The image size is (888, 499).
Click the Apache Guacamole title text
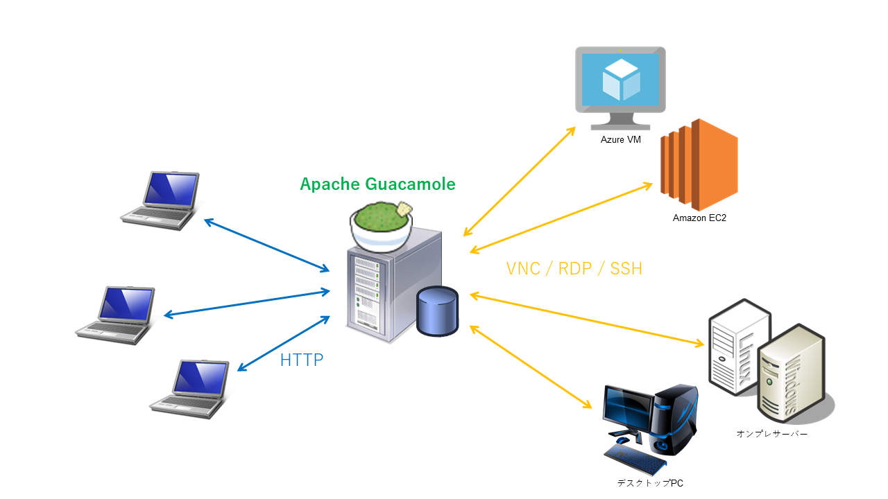click(377, 184)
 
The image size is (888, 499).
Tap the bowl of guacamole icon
click(381, 225)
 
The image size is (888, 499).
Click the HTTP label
click(302, 360)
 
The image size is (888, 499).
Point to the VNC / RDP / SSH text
click(574, 269)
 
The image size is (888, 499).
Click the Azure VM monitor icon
click(620, 86)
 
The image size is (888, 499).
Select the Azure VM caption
click(620, 140)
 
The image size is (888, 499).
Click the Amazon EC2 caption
click(699, 218)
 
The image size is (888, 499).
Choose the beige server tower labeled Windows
click(789, 374)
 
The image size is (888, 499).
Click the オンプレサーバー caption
click(772, 435)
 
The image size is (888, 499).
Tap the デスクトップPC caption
click(645, 483)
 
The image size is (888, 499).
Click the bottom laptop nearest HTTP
click(191, 387)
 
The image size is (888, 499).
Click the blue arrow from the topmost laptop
click(266, 245)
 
